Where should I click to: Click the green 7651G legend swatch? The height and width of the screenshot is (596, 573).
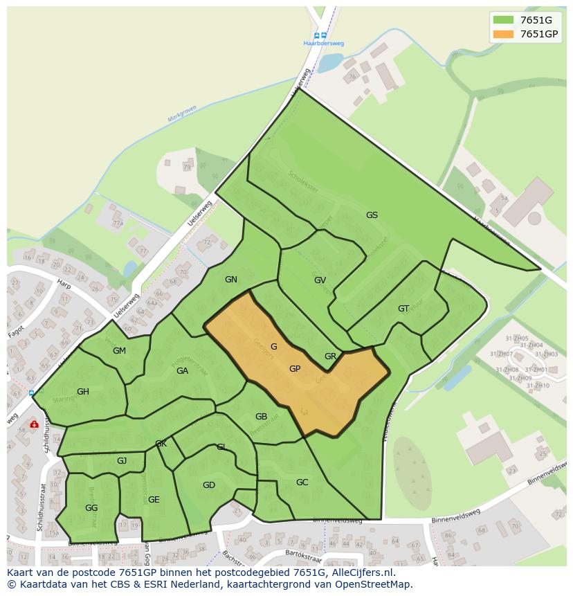[x=503, y=20]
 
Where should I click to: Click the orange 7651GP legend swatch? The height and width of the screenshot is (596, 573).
[x=503, y=34]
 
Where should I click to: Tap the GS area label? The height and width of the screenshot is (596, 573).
[x=372, y=215]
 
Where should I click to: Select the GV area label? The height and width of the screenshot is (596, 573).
[x=320, y=280]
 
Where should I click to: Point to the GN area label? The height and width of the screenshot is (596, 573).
[x=231, y=280]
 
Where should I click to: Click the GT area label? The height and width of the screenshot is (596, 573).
[x=403, y=309]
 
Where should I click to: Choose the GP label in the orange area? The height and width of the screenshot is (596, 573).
[x=295, y=369]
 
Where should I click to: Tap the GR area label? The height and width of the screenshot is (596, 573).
[x=330, y=356]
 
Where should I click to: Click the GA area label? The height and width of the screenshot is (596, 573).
[x=182, y=371]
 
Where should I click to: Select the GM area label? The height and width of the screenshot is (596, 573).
[x=119, y=351]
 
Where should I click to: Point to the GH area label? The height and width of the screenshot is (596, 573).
[x=83, y=392]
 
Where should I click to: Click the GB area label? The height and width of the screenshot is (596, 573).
[x=261, y=417]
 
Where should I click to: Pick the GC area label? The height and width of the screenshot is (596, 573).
[x=302, y=482]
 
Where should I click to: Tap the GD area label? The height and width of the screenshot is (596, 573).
[x=209, y=485]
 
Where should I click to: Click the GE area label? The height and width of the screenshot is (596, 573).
[x=154, y=500]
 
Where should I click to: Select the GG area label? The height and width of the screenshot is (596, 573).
[x=91, y=508]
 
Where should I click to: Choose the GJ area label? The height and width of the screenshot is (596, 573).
[x=122, y=461]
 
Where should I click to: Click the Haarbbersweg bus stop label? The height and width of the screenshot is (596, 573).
[x=323, y=44]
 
